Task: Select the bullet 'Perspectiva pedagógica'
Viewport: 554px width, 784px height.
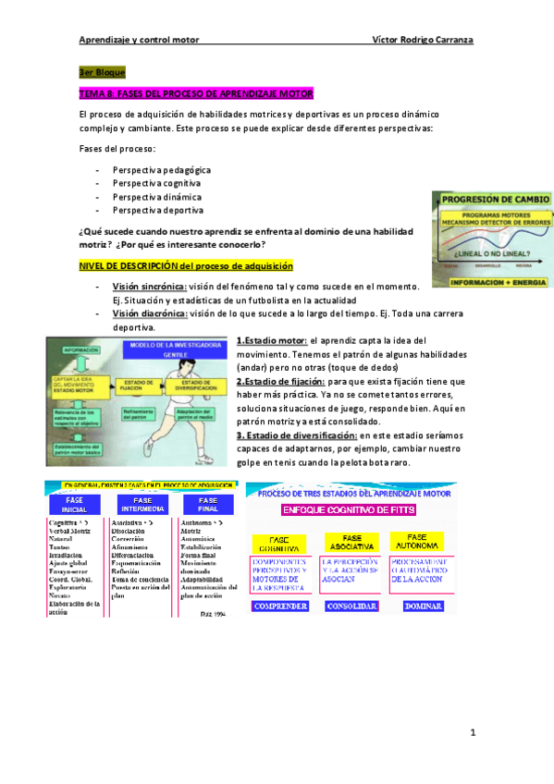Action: (x=161, y=170)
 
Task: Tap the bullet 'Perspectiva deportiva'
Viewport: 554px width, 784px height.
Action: (x=157, y=210)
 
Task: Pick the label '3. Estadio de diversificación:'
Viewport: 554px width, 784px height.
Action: (x=296, y=435)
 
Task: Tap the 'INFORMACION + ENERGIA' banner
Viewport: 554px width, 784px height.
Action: (x=496, y=278)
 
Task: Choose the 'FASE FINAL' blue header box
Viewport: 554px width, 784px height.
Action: (x=202, y=506)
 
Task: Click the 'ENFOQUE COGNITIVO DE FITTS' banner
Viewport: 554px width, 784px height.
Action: (x=349, y=509)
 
